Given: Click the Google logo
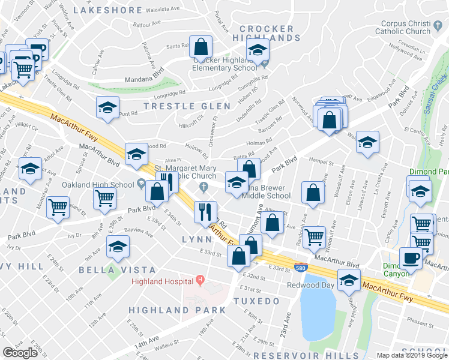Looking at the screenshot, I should click(20, 353).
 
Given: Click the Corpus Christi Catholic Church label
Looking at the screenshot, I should click(405, 28).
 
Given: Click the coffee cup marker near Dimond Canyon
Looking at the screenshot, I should click(411, 258).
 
